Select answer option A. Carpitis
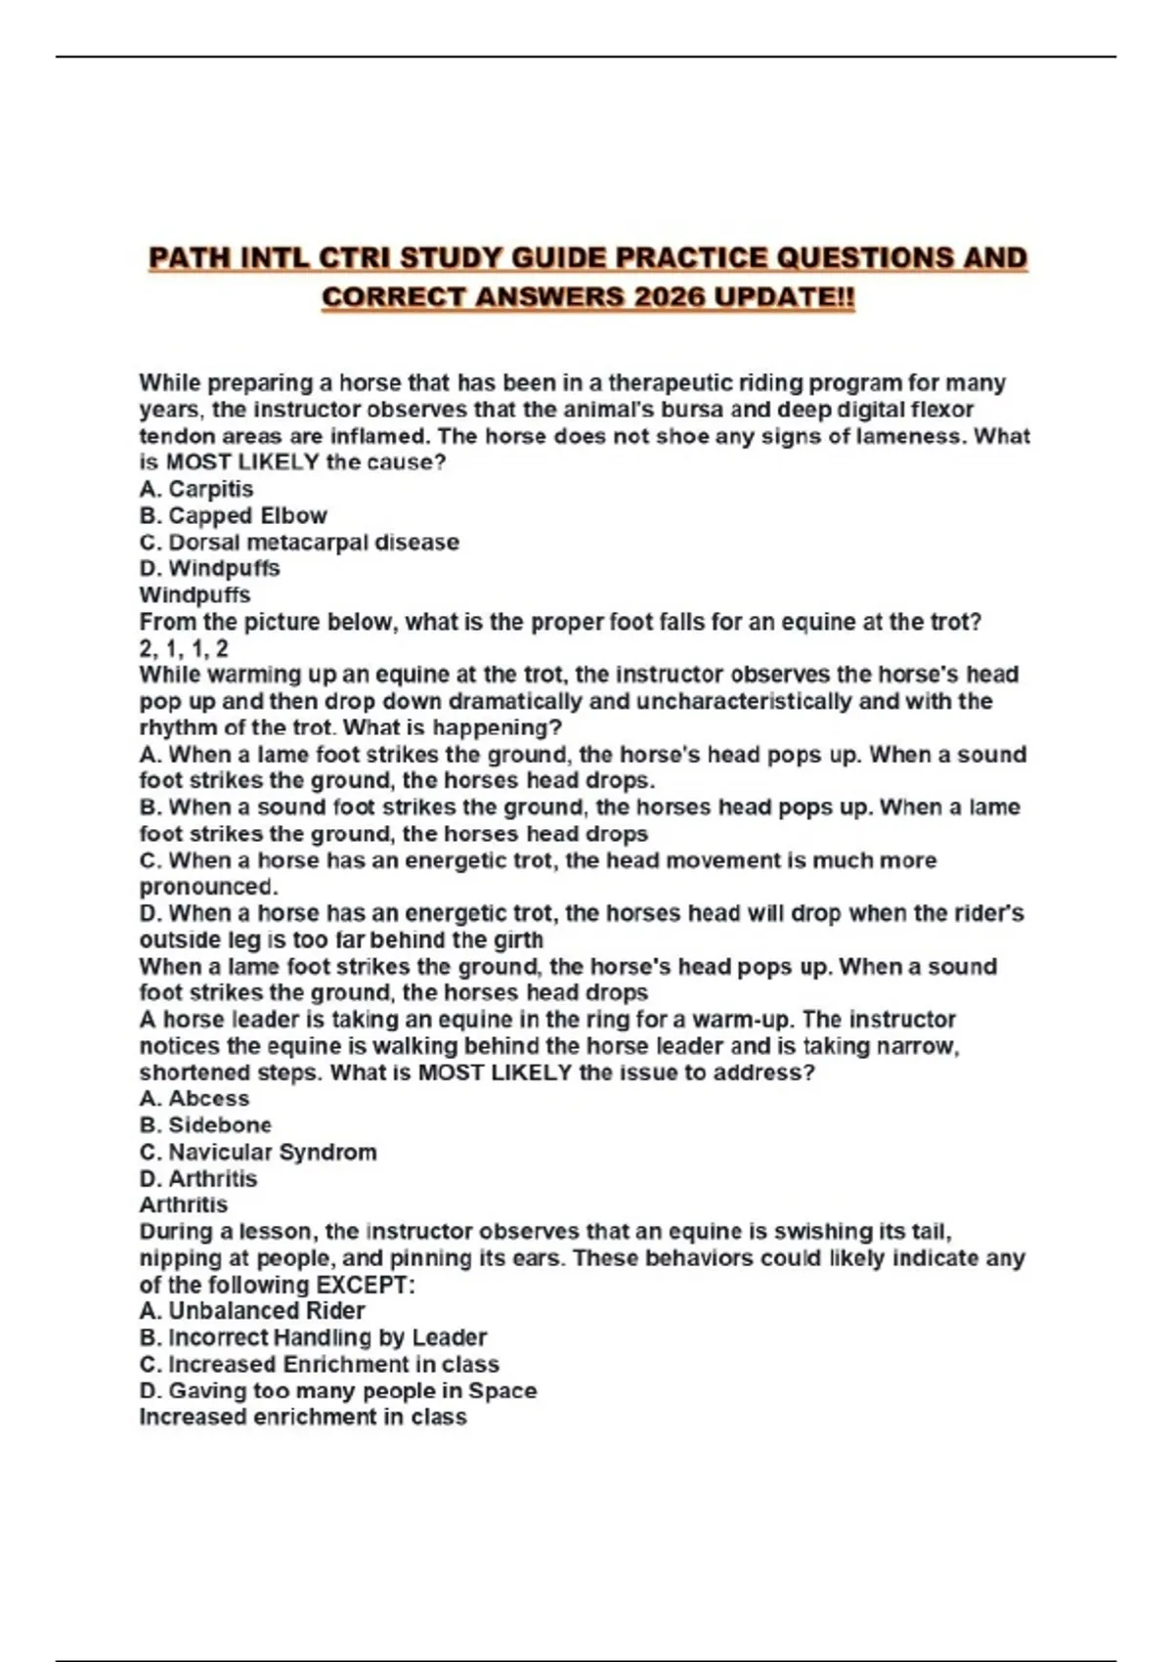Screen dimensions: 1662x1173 [x=196, y=489]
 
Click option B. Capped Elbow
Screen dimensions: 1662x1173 [x=233, y=515]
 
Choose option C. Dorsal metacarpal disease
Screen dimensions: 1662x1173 [x=299, y=542]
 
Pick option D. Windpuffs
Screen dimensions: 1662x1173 [x=209, y=568]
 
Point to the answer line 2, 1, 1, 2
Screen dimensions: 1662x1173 [x=184, y=648]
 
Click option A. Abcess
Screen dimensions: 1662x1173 [x=195, y=1098]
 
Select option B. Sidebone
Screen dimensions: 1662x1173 [x=205, y=1124]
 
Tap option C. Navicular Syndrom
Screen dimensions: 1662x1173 [x=258, y=1152]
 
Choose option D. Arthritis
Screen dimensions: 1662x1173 [x=198, y=1178]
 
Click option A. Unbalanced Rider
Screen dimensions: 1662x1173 [x=252, y=1310]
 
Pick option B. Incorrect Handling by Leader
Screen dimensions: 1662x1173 [x=313, y=1336]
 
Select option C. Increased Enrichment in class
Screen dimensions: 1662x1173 [x=319, y=1364]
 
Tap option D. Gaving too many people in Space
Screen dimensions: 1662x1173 [x=338, y=1390]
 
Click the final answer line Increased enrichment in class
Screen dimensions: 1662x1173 [x=303, y=1417]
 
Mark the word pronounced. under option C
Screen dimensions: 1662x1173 [x=208, y=887]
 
